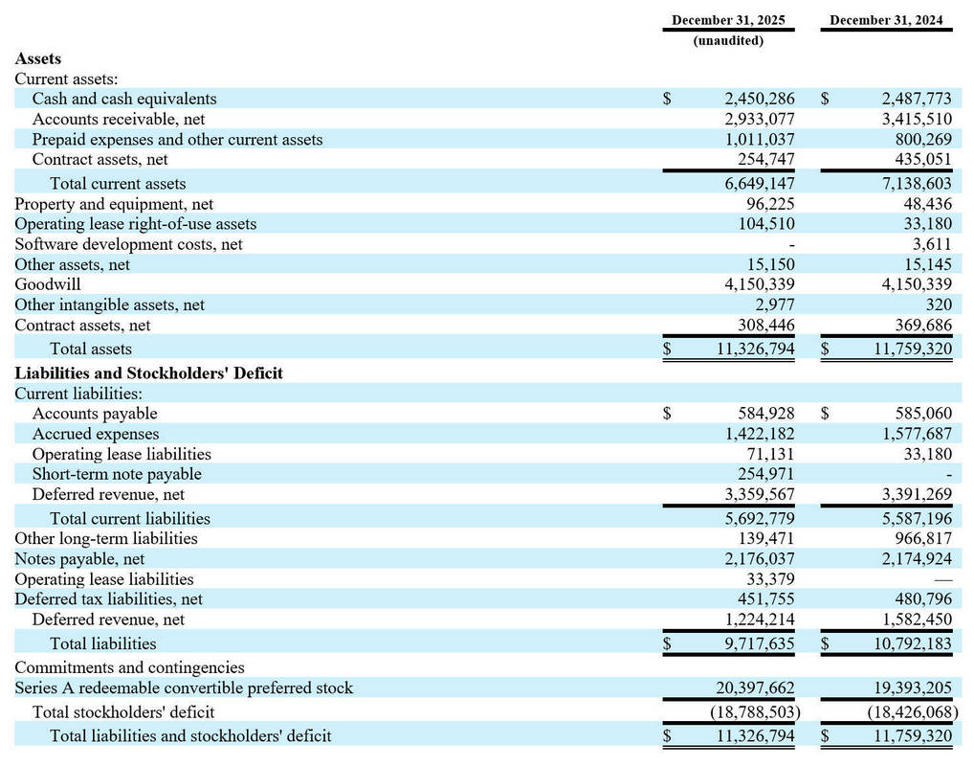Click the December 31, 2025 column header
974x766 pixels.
(x=729, y=19)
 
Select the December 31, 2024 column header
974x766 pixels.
(x=887, y=19)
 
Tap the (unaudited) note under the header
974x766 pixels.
(x=729, y=40)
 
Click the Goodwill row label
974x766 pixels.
(x=48, y=284)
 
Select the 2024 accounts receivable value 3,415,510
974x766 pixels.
(x=916, y=119)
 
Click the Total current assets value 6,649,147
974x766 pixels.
(x=760, y=183)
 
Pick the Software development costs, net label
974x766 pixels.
(x=128, y=244)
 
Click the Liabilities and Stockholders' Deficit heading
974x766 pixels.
(x=148, y=372)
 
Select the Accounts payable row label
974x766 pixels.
(x=95, y=414)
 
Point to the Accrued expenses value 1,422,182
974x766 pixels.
(x=760, y=434)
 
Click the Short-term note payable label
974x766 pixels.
(x=117, y=474)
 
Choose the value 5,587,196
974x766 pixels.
(x=916, y=518)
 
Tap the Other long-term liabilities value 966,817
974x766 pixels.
(x=923, y=538)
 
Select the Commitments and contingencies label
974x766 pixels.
(x=129, y=667)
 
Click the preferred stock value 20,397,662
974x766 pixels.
(x=755, y=687)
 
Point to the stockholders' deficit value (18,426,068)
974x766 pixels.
(x=913, y=711)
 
